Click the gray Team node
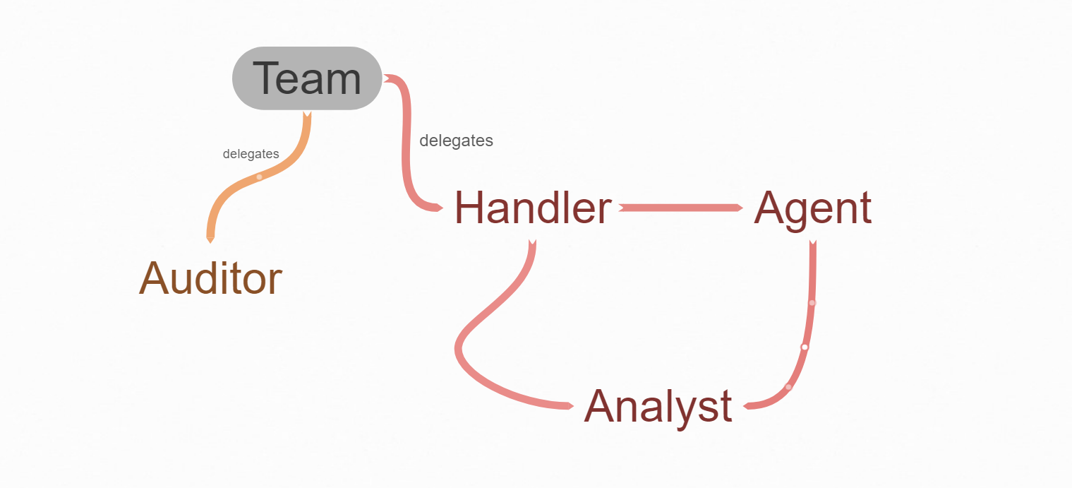point(307,78)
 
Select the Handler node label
point(533,208)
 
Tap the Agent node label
point(813,208)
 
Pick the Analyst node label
point(658,407)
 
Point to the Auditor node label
point(210,278)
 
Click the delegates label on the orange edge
point(251,154)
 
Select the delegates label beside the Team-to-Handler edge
point(456,141)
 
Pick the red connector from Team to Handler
point(406,141)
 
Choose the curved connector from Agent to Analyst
point(808,325)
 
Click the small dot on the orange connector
point(259,177)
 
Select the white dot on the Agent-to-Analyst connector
point(804,347)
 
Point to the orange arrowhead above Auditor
point(210,239)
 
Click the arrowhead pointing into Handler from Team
point(438,208)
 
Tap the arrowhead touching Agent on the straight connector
point(737,208)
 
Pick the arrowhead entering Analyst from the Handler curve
point(568,406)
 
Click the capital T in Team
point(266,78)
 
